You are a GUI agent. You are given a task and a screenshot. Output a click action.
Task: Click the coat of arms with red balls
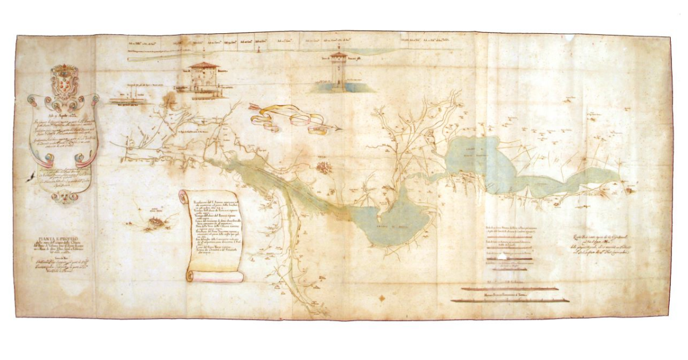(x=64, y=81)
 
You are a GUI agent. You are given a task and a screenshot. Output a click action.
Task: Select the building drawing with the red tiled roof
(x=204, y=76)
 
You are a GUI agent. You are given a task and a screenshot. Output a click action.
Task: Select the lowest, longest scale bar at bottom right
(x=510, y=300)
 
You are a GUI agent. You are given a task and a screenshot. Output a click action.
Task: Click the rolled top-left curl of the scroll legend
(x=183, y=196)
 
